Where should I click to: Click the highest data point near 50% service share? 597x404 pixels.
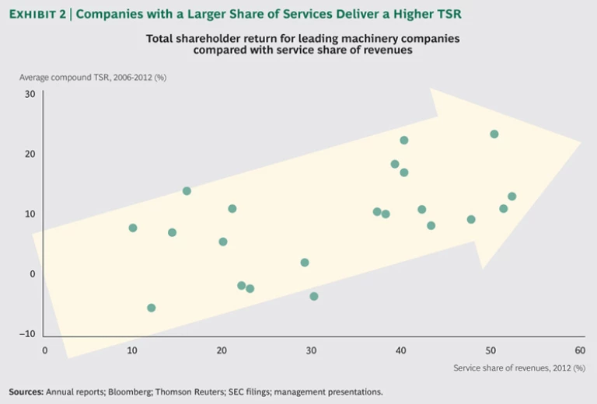coord(494,134)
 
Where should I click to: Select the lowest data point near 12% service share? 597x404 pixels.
coord(151,308)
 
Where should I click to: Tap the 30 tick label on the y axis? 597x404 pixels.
coord(30,94)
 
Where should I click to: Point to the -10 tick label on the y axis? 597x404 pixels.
coord(28,334)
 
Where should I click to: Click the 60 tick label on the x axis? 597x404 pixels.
coord(579,350)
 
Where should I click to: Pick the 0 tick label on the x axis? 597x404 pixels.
coord(44,350)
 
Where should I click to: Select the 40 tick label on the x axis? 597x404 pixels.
coord(400,350)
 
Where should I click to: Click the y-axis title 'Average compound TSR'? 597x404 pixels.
coord(93,77)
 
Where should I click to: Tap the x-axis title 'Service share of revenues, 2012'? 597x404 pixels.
coord(518,367)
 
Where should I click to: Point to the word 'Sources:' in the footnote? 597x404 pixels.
coord(26,392)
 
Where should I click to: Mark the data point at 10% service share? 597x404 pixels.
coord(133,228)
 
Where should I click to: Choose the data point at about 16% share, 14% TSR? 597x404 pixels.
coord(187,191)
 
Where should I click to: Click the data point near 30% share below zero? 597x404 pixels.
coord(314,296)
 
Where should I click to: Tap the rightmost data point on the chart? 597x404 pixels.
coord(511,197)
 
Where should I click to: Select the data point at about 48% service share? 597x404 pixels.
coord(471,219)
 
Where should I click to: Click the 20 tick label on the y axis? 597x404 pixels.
coord(30,154)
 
